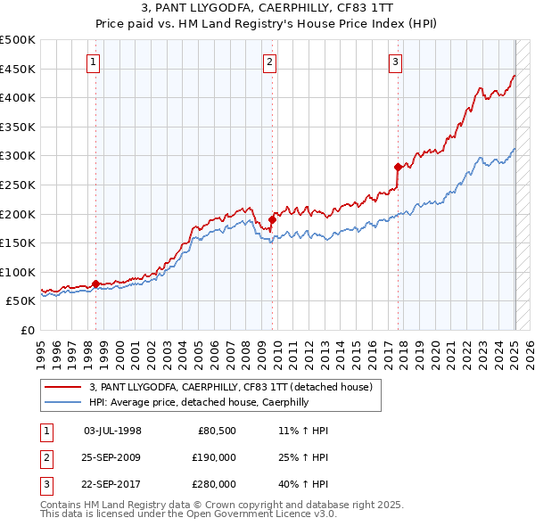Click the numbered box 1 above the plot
(x=94, y=62)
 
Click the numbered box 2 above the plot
(x=269, y=62)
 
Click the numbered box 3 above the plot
(x=395, y=62)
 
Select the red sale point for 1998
(x=95, y=284)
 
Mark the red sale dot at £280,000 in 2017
(x=398, y=167)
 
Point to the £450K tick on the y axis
(x=18, y=69)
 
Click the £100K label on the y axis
(x=18, y=272)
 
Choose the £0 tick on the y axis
(x=26, y=331)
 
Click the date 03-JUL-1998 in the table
(x=112, y=431)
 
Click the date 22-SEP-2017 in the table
(x=112, y=484)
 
